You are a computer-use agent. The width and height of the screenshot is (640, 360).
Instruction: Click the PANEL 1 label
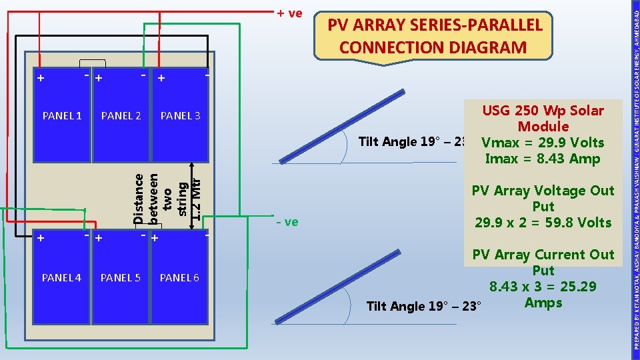pyautogui.click(x=62, y=116)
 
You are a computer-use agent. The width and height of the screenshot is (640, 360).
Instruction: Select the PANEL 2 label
pyautogui.click(x=121, y=116)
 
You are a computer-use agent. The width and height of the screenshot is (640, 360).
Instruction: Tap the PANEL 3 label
pyautogui.click(x=180, y=116)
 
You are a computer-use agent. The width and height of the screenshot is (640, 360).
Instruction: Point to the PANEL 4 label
pyautogui.click(x=61, y=277)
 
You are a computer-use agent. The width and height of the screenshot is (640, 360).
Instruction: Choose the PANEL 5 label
pyautogui.click(x=120, y=277)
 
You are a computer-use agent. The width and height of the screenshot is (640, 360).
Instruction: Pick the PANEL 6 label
pyautogui.click(x=179, y=277)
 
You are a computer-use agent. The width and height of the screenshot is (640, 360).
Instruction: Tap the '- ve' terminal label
pyautogui.click(x=287, y=221)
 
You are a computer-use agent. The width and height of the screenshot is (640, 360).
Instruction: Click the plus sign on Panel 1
pyautogui.click(x=41, y=78)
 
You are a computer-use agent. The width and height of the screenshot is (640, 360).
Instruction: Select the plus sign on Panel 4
pyautogui.click(x=41, y=238)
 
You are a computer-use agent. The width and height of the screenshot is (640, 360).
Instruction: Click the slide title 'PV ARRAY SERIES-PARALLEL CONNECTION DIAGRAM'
pyautogui.click(x=433, y=37)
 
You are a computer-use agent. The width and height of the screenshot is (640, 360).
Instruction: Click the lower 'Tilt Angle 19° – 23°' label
pyautogui.click(x=423, y=307)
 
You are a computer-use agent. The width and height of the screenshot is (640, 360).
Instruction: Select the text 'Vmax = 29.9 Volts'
pyautogui.click(x=542, y=143)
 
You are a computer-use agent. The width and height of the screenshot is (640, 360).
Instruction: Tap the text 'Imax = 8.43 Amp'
pyautogui.click(x=543, y=159)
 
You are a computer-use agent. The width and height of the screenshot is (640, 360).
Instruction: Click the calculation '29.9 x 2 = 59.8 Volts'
pyautogui.click(x=543, y=223)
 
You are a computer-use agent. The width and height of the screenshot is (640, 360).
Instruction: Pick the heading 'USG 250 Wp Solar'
pyautogui.click(x=543, y=111)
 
